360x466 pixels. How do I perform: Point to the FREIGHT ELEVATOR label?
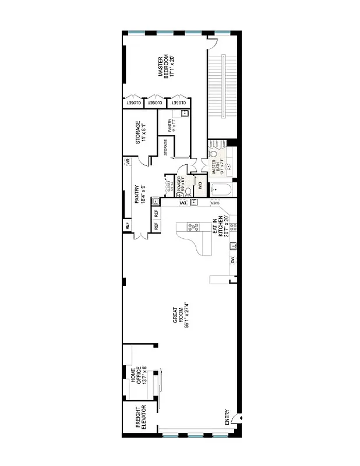coord(140,418)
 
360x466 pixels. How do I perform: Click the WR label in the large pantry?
coord(127,163)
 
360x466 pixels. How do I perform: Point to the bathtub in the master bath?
coord(222,189)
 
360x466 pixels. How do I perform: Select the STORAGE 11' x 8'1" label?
coord(140,133)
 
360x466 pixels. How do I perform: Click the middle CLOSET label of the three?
coord(155,103)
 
